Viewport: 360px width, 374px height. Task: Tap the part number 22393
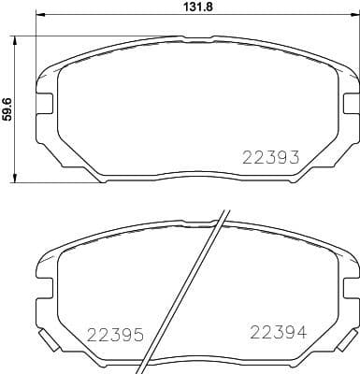click(271, 158)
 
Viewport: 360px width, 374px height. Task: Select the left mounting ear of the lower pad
click(44, 274)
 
